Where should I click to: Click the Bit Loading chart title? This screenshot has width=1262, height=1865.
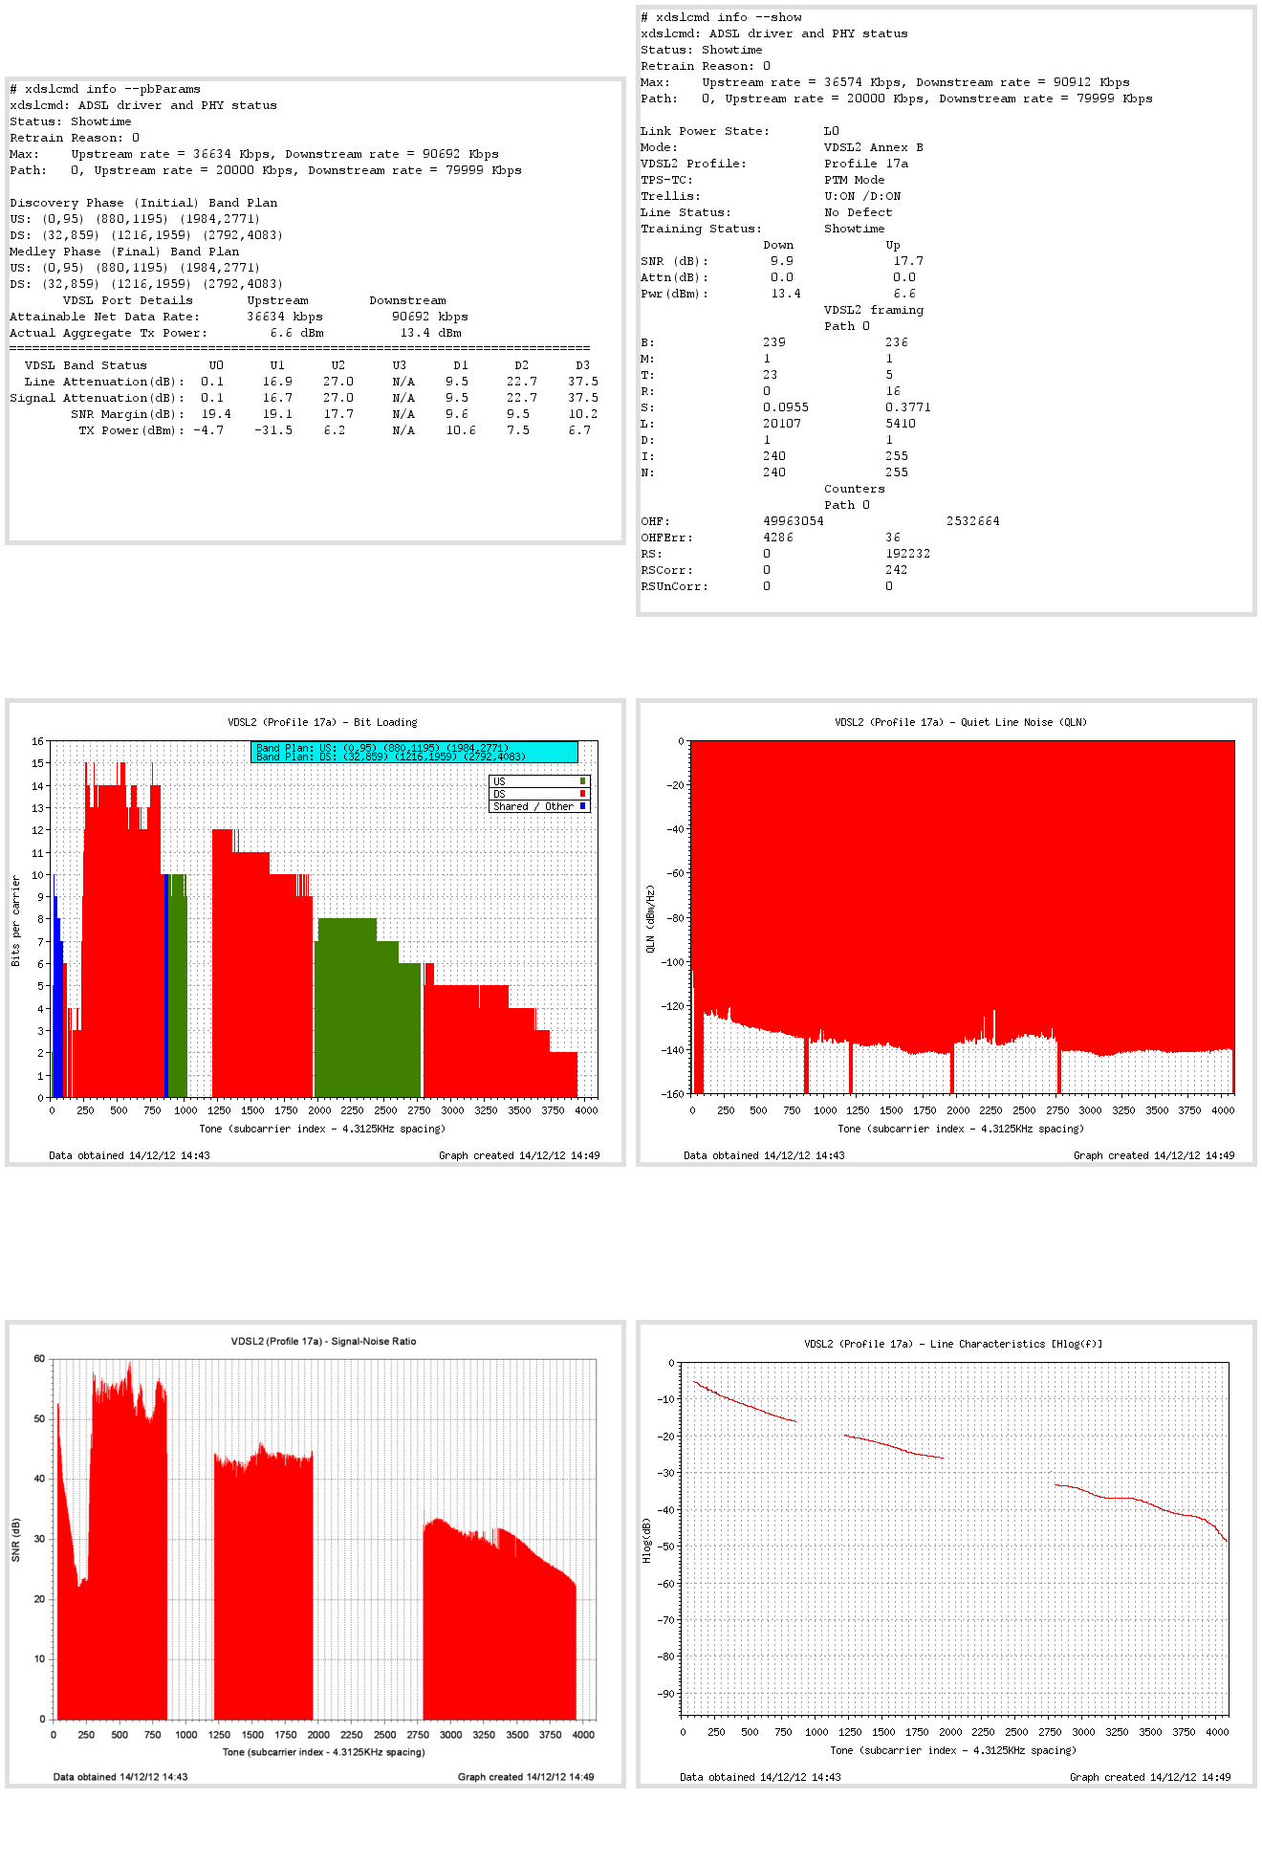point(322,722)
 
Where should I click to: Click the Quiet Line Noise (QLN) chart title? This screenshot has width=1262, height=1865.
point(960,722)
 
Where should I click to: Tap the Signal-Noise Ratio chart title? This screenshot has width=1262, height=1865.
point(323,1341)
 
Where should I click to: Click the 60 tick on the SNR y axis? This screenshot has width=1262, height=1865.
point(39,1358)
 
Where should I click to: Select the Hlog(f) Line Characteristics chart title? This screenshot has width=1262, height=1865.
point(952,1344)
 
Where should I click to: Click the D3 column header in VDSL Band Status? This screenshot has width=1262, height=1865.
point(582,365)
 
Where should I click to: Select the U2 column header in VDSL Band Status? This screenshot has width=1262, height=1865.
point(337,365)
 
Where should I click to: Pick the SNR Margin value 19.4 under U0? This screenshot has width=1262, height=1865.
point(216,414)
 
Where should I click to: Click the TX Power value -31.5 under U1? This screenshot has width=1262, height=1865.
point(273,430)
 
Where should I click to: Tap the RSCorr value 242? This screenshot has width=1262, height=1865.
point(896,570)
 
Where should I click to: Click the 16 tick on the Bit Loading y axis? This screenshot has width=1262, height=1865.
point(37,741)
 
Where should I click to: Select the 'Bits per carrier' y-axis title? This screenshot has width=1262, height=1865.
point(15,920)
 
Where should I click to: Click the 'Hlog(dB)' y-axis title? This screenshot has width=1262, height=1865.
point(646,1541)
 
